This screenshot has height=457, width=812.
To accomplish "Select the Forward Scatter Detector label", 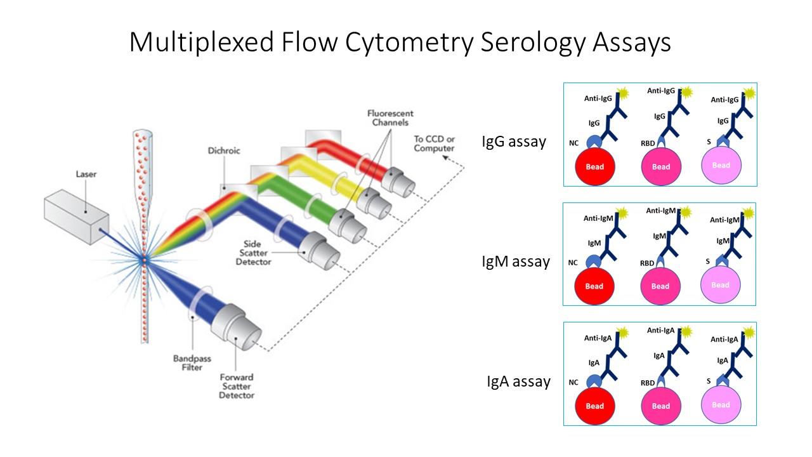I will pyautogui.click(x=237, y=386).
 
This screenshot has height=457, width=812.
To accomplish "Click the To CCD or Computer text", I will pyautogui.click(x=434, y=143).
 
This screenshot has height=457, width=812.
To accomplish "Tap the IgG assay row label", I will pyautogui.click(x=513, y=142).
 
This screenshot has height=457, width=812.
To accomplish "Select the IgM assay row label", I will pyautogui.click(x=515, y=261).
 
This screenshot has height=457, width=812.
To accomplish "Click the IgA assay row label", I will pyautogui.click(x=518, y=381).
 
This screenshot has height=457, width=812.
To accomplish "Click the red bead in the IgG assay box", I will pyautogui.click(x=595, y=166).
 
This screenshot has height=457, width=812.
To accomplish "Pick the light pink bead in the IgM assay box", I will pyautogui.click(x=721, y=285).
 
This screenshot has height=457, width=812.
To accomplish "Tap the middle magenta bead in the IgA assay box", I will pyautogui.click(x=660, y=406).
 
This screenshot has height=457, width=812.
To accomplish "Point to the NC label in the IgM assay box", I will pyautogui.click(x=572, y=262).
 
